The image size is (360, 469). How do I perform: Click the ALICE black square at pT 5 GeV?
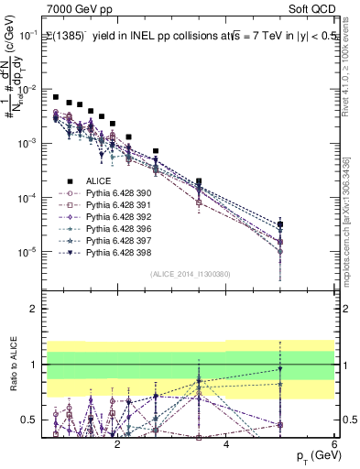(280, 224)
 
